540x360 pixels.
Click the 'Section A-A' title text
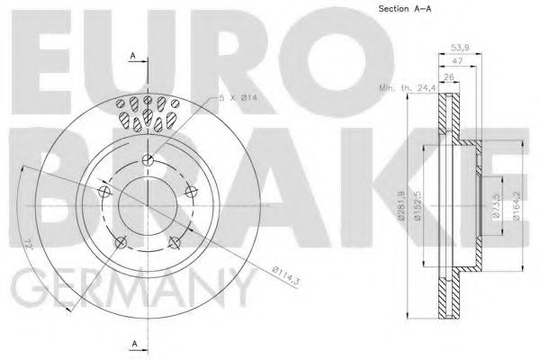tap(398, 11)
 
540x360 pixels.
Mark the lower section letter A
tap(133, 344)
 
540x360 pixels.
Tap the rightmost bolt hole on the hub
tap(190, 193)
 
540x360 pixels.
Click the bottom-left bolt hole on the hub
tap(120, 241)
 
